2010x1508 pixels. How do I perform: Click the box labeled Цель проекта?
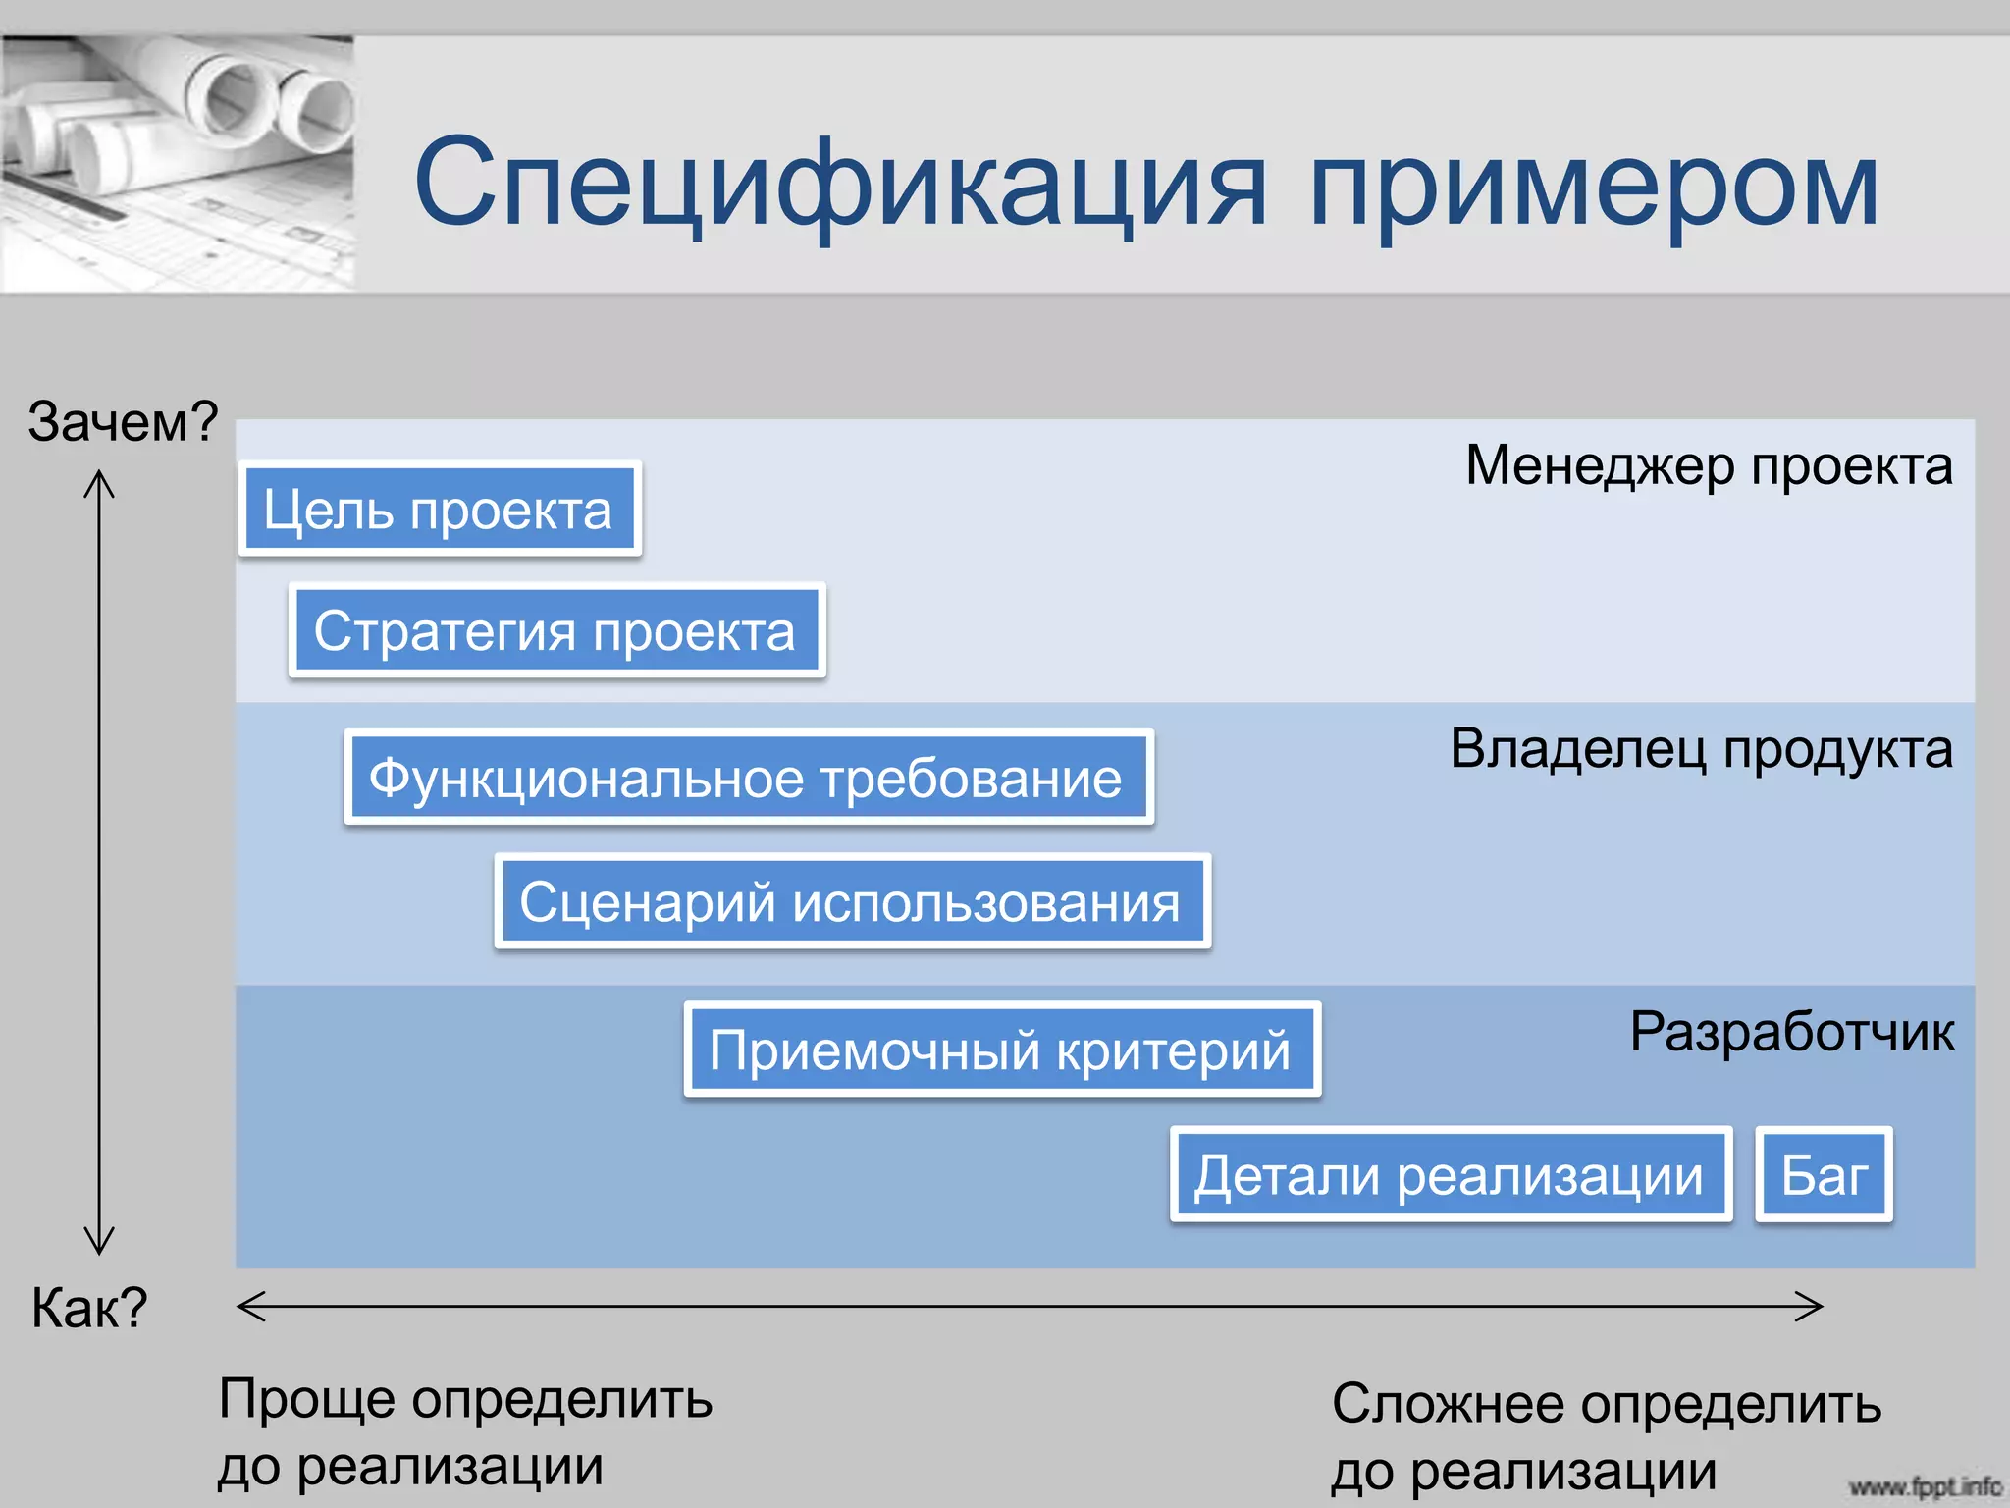click(439, 510)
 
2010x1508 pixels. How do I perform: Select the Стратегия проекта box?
click(556, 630)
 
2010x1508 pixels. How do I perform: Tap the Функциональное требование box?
click(748, 778)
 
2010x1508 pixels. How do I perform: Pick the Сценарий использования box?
click(852, 901)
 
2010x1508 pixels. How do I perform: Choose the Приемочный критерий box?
click(1001, 1050)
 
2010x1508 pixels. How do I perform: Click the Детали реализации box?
click(1450, 1174)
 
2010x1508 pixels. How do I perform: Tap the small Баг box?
click(1824, 1174)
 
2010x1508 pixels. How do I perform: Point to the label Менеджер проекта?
click(1709, 464)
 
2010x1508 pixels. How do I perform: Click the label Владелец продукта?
click(1701, 749)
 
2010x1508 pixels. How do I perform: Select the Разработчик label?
click(1791, 1032)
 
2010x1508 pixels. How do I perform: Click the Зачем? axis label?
click(123, 421)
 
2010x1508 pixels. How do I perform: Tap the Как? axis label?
click(89, 1308)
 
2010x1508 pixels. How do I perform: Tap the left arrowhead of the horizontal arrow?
click(247, 1306)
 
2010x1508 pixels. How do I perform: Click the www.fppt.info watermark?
click(1925, 1486)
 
